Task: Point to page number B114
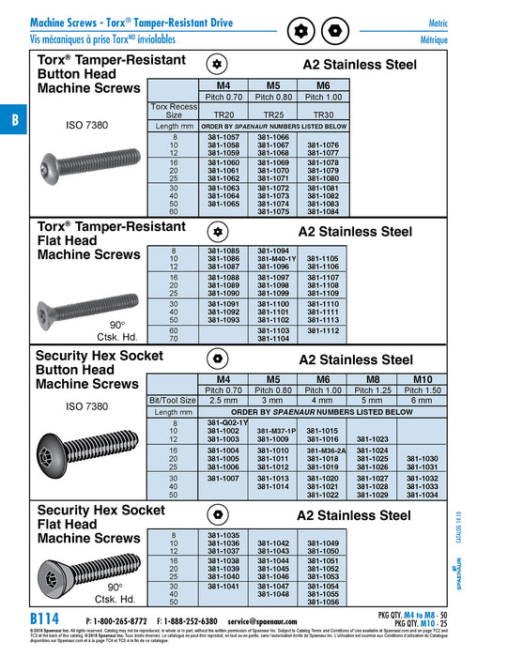click(x=47, y=620)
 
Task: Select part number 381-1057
click(x=223, y=137)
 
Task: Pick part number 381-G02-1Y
click(x=226, y=422)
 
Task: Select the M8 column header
click(x=373, y=379)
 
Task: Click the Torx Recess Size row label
click(x=174, y=111)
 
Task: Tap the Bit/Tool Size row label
click(x=173, y=400)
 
